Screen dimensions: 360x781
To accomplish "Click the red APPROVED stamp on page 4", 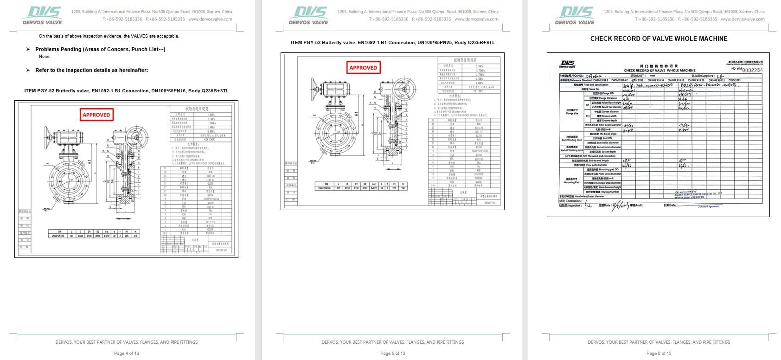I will tap(96, 115).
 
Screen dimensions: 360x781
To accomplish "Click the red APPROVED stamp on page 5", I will tap(363, 67).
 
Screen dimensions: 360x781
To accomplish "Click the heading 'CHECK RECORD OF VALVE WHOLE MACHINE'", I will tap(659, 39).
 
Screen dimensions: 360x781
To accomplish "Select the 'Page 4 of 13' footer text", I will tap(127, 353).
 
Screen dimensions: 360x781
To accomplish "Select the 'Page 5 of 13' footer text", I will tap(392, 353).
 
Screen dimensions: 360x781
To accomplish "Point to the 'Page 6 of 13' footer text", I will tap(659, 353).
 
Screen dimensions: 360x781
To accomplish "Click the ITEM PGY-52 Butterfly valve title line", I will tap(126, 91).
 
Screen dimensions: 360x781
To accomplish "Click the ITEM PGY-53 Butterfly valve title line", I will tap(392, 43).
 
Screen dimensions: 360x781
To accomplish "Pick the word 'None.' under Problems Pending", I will tap(45, 57).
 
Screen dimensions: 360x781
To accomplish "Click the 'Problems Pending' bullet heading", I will tap(100, 49).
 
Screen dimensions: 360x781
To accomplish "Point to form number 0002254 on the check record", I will tap(752, 70).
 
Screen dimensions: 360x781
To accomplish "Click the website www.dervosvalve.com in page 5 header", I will tap(476, 19).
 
